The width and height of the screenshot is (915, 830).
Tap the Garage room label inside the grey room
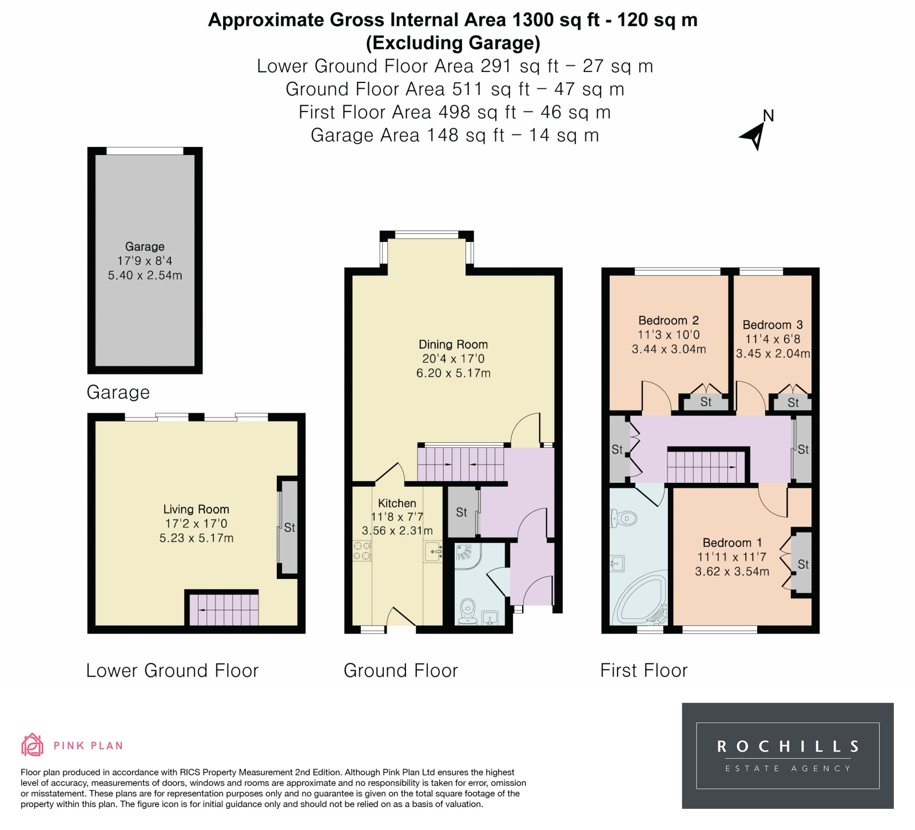coord(145,247)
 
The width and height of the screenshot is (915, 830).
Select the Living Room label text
coord(196,509)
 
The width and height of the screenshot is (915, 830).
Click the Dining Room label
coord(453,344)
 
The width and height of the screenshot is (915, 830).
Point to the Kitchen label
coord(397,503)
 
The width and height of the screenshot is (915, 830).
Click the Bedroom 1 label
coord(732,542)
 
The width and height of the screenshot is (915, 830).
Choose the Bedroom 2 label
coord(669,320)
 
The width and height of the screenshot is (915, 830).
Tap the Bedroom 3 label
coord(773,325)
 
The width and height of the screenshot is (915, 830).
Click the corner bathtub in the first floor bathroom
coord(639,598)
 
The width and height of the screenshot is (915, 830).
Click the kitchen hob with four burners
coord(362,551)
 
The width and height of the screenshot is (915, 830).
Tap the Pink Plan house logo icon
coord(33,745)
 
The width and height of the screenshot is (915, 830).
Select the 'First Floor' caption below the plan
coord(644,670)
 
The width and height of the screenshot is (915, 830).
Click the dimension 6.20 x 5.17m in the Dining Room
coord(453,373)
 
